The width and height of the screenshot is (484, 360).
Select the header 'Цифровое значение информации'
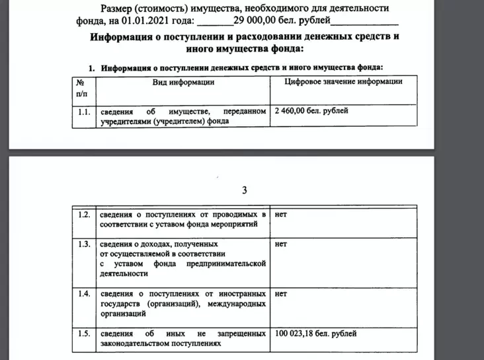[x=343, y=82]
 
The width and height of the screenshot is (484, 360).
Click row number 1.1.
[x=83, y=112]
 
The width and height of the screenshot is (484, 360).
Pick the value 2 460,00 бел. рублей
[x=311, y=112]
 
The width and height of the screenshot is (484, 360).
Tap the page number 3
[x=244, y=191]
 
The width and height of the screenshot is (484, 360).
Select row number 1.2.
[x=83, y=215]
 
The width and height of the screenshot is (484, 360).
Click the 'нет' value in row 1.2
[x=280, y=215]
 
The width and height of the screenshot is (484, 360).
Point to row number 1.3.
[x=83, y=244]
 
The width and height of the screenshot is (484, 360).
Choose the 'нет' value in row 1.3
[x=280, y=244]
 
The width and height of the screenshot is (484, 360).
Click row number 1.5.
[x=83, y=334]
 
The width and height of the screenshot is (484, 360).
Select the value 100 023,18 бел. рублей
[x=315, y=334]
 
